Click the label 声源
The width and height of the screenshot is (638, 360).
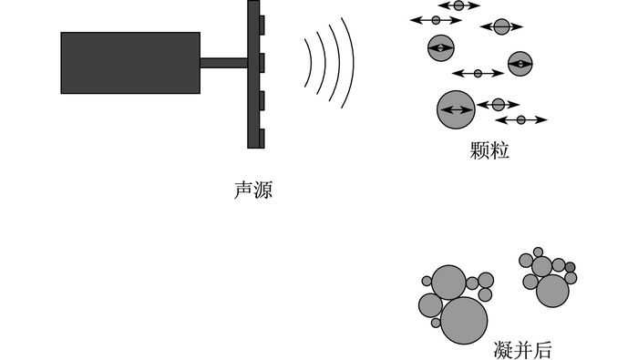252,190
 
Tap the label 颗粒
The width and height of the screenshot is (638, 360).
489,150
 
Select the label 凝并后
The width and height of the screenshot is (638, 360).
522,350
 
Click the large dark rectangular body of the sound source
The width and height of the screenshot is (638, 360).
130,63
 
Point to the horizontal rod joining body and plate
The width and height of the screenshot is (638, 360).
224,63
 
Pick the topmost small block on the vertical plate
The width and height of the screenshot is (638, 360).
262,25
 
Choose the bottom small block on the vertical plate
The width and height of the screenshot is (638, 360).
262,139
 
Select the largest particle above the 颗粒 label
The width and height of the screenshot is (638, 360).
456,109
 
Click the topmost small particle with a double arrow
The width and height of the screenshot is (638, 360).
458,5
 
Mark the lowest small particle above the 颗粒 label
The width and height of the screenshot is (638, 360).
520,119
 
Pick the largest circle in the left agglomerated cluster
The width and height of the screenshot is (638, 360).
464,321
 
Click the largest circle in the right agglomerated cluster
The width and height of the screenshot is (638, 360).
552,291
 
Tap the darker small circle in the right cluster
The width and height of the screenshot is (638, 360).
570,267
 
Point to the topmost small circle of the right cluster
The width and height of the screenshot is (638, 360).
538,252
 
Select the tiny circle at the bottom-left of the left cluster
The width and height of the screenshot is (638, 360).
436,323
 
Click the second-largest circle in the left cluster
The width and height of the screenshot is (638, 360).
448,283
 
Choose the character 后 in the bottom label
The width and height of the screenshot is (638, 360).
542,350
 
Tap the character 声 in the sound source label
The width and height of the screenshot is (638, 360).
243,190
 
